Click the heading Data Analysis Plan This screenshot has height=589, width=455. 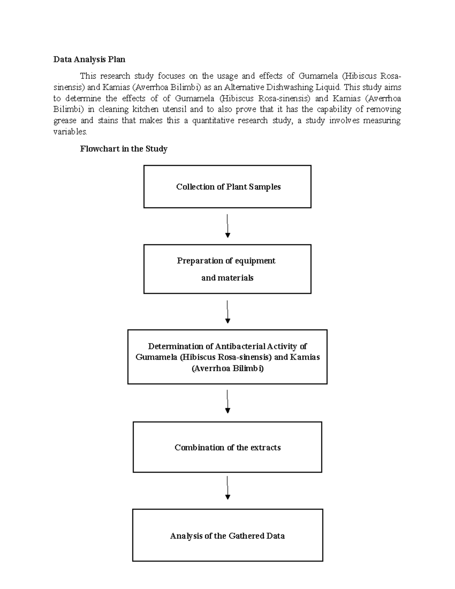click(x=89, y=60)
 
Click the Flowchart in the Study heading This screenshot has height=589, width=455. click(x=124, y=149)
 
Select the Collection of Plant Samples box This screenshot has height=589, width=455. click(x=227, y=187)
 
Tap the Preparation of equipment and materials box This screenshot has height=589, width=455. click(x=227, y=269)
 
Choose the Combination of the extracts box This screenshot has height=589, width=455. click(x=227, y=447)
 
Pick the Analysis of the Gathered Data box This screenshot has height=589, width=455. click(x=227, y=535)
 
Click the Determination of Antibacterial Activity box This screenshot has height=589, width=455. click(x=227, y=357)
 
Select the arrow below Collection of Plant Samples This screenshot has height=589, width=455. click(x=227, y=226)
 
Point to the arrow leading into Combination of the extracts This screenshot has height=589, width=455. click(x=227, y=402)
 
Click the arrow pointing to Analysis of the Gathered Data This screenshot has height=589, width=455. click(x=227, y=488)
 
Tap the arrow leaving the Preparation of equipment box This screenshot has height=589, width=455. click(x=227, y=312)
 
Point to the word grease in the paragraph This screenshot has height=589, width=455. click(x=65, y=121)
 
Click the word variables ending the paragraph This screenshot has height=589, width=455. click(x=70, y=132)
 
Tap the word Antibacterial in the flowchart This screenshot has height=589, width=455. click(x=240, y=346)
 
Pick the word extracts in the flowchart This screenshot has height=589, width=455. click(x=265, y=448)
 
